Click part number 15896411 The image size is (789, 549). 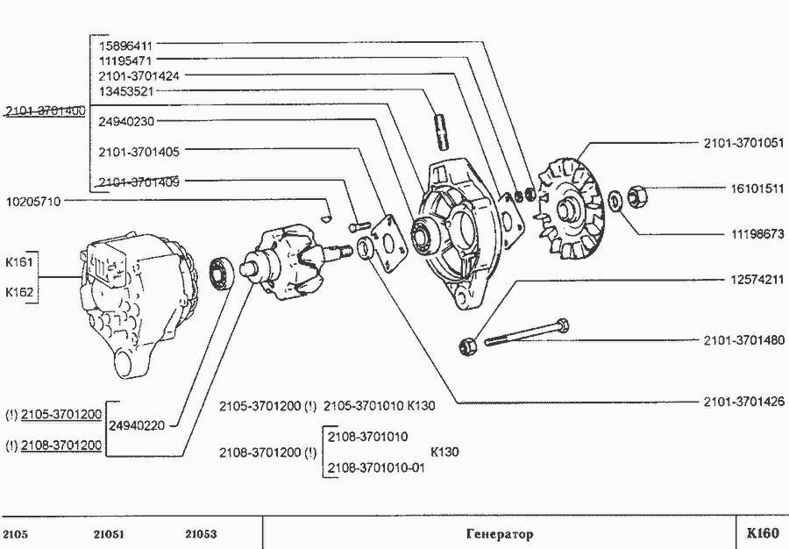pyautogui.click(x=126, y=45)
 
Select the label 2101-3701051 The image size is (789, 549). pyautogui.click(x=743, y=142)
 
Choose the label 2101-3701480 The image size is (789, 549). pyautogui.click(x=743, y=339)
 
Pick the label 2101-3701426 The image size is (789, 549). pyautogui.click(x=743, y=403)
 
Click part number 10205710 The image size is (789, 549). pyautogui.click(x=33, y=201)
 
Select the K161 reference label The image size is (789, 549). pyautogui.click(x=18, y=261)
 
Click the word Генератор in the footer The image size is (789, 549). pyautogui.click(x=498, y=534)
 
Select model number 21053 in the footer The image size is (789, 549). pyautogui.click(x=201, y=534)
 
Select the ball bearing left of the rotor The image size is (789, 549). pyautogui.click(x=222, y=273)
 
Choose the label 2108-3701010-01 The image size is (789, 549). pyautogui.click(x=375, y=467)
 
